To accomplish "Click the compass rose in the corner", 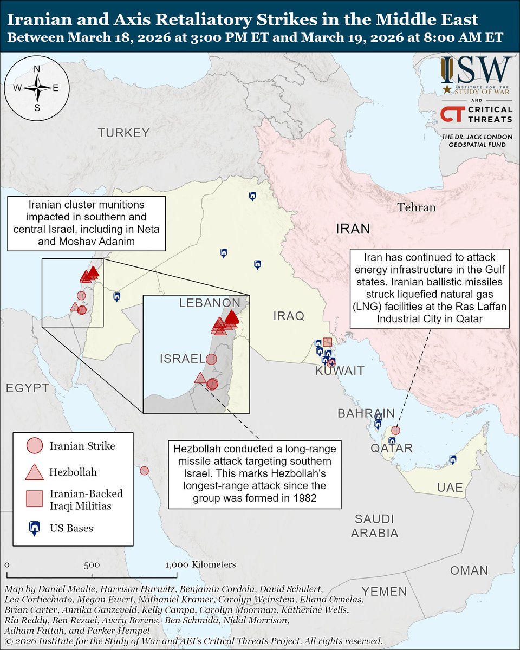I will point(37,87).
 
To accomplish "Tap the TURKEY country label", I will point(123,133).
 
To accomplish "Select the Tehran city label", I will point(415,207).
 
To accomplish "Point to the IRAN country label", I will point(353,229).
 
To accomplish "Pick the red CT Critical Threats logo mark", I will point(451,114).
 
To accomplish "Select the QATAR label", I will point(392,448).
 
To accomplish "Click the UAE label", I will point(450,488).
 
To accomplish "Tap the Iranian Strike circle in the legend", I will point(34,446).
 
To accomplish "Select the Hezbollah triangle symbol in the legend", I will point(34,472).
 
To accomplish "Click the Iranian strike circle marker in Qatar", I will point(396,430).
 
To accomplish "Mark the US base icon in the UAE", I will point(453,460).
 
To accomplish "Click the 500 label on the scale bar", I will point(91,564).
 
